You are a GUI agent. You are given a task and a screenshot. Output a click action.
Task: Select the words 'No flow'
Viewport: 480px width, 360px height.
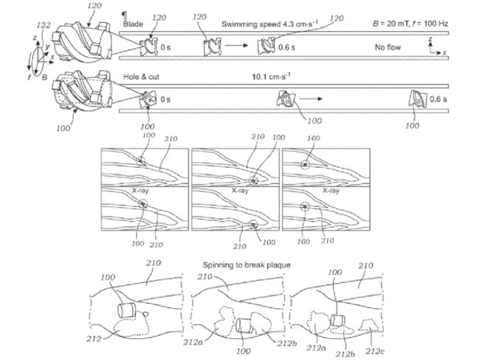tap(388, 46)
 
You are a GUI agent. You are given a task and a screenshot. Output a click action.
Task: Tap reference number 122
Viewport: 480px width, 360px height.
tap(44, 25)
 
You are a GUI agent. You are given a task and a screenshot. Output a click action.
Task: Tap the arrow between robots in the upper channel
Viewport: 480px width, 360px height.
tap(237, 45)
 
